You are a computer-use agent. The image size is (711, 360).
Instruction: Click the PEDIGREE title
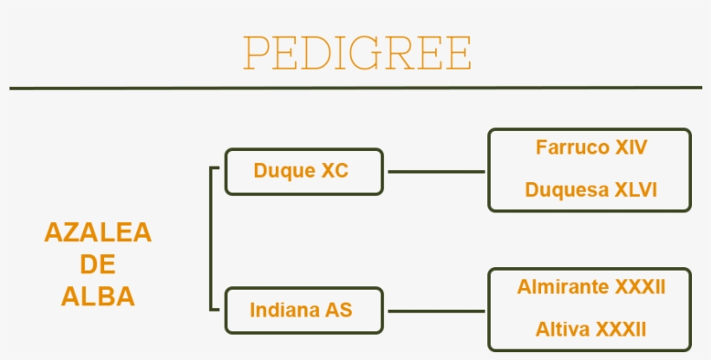[356, 53]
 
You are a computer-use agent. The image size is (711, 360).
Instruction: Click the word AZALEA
[98, 232]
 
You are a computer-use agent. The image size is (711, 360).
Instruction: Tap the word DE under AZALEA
[98, 265]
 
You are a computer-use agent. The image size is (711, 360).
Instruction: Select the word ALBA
[98, 297]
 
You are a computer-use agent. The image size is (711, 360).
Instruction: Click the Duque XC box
[303, 171]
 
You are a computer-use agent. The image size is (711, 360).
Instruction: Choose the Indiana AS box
[303, 310]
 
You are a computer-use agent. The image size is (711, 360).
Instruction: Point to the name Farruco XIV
[590, 147]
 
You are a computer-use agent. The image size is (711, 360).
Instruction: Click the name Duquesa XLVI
[590, 190]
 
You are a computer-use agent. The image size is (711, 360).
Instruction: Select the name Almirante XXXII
[590, 286]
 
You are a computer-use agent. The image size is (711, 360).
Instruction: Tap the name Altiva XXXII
[590, 329]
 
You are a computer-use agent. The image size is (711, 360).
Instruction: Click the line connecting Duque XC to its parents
[435, 171]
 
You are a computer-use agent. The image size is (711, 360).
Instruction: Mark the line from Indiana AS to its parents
[435, 310]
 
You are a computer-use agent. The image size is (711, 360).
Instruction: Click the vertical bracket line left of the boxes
[212, 239]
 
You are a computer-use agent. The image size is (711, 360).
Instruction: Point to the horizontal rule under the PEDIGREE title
[355, 88]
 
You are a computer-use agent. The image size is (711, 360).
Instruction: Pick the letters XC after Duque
[335, 171]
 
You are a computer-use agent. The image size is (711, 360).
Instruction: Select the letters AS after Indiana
[339, 310]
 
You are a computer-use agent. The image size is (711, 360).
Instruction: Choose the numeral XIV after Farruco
[630, 147]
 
